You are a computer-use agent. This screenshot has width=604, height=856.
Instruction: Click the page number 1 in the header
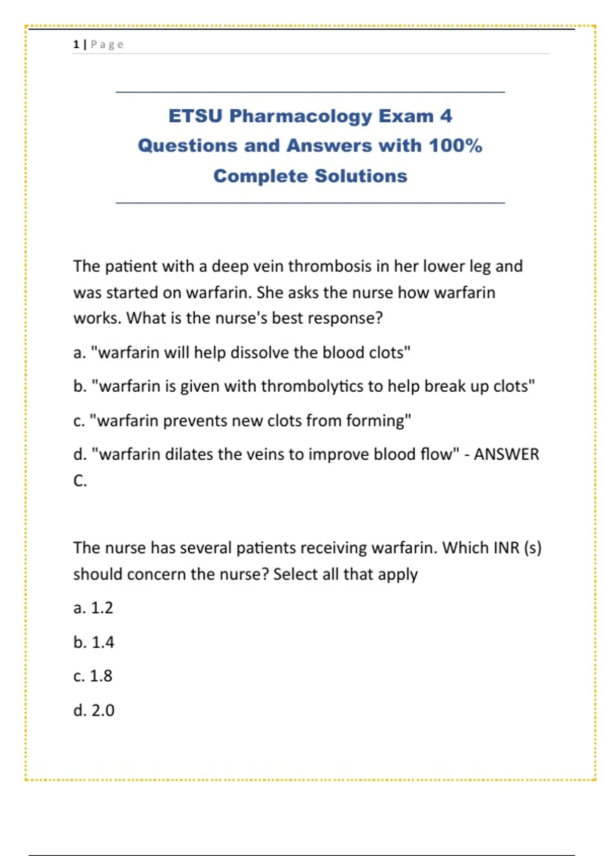pos(76,45)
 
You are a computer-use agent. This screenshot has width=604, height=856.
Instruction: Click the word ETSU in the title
pos(195,116)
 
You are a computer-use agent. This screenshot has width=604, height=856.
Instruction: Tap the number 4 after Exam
pos(446,116)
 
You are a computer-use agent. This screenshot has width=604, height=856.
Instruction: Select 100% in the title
pos(456,146)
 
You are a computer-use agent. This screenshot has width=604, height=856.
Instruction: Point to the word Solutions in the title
pos(361,176)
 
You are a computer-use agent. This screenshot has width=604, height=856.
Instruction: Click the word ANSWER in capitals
pos(506,454)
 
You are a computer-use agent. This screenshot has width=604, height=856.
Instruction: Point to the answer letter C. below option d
pos(80,481)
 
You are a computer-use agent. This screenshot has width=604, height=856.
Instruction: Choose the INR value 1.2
pos(102,608)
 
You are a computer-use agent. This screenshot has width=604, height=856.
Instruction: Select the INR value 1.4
pos(103,643)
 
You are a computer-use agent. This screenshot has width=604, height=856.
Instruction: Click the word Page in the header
pos(107,45)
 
